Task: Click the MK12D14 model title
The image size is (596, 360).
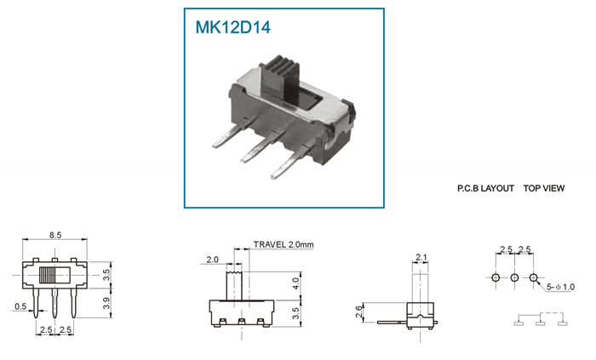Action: pos(232,27)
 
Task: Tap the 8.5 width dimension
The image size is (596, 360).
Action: pos(55,235)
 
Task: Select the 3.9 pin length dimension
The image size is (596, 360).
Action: pos(106,303)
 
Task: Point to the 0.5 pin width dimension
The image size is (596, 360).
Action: pos(20,306)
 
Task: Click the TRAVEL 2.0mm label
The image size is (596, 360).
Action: pos(284,244)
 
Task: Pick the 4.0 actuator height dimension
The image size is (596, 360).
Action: pos(295,283)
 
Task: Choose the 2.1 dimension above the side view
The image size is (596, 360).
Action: pos(421,258)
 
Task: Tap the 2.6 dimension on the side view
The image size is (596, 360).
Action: pos(358,312)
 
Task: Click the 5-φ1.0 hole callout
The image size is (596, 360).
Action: pos(560,287)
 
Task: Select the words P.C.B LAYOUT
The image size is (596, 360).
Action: pos(485,188)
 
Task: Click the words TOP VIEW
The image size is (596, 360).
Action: pos(544,188)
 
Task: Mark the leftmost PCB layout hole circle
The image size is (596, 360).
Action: pos(496,277)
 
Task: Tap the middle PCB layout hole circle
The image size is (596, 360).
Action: pos(514,277)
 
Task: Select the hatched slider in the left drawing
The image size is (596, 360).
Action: pos(47,274)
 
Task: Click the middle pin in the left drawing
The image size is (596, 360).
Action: pos(54,303)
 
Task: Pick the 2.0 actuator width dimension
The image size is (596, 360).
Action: pos(213,260)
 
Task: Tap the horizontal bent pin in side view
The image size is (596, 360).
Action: pos(392,323)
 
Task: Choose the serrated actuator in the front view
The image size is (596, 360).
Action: pos(234,286)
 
